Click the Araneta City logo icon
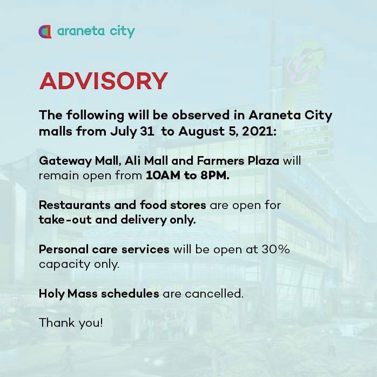(45, 32)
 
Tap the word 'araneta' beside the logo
(81, 31)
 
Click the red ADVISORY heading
(103, 81)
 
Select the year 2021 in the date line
(259, 131)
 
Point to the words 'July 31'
(132, 132)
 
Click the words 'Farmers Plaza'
(238, 160)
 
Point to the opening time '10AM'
(163, 176)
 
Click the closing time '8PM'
(215, 176)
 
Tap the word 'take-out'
(65, 220)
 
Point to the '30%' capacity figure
(275, 250)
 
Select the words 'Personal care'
(78, 250)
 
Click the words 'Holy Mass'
(68, 294)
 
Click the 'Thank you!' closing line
(71, 322)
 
